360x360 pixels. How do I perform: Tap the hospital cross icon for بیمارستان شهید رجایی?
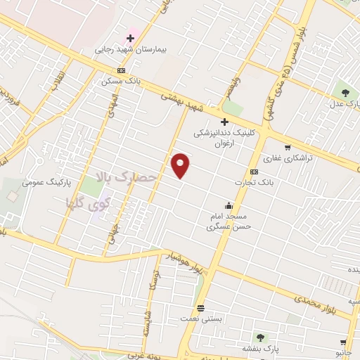[130, 38]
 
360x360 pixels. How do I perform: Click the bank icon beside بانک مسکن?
[121, 70]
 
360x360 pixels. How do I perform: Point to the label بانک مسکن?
[121, 81]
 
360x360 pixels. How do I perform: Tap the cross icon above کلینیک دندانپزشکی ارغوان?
[224, 122]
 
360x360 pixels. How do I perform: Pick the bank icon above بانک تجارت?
[254, 172]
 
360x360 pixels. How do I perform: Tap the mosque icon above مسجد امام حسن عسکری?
[229, 206]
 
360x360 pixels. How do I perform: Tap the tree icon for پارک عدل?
[345, 92]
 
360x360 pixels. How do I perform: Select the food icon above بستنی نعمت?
[201, 308]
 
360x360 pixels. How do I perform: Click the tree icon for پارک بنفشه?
[261, 337]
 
